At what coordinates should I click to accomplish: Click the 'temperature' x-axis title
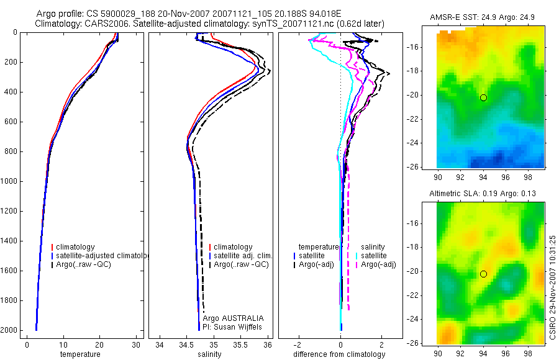(80, 354)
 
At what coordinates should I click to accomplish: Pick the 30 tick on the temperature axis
(136, 345)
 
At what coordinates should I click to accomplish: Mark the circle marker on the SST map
(483, 97)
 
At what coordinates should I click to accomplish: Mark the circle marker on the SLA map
(483, 274)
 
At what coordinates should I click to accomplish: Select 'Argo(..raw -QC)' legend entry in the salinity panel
(241, 264)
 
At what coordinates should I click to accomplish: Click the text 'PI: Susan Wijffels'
(234, 326)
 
